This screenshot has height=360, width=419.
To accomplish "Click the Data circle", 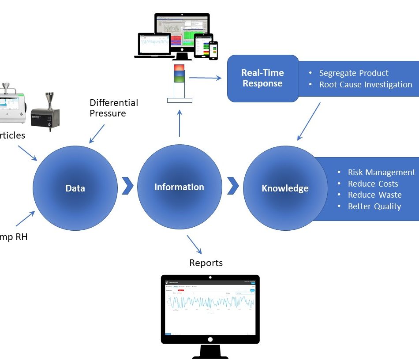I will point(75,188).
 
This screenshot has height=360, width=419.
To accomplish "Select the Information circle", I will point(179,187).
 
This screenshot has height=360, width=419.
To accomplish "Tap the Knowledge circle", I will point(285,188).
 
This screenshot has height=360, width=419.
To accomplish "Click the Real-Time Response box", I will point(263,78).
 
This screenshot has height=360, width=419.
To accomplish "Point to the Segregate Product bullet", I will point(354,73).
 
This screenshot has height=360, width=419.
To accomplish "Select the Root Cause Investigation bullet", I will point(366,84).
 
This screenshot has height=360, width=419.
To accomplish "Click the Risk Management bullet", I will point(381,172).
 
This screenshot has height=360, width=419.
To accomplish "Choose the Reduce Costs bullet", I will point(373,184).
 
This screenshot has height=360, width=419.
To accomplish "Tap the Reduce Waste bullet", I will point(374,195).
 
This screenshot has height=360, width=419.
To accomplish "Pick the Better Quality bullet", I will point(374,206).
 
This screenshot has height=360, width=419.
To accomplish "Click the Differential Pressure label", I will point(114,108).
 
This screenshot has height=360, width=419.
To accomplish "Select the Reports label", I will point(206,263).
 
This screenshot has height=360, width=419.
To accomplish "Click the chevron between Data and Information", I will point(127,186).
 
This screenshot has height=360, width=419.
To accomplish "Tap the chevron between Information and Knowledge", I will point(233,186).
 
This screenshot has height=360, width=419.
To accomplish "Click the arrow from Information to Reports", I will point(195,244).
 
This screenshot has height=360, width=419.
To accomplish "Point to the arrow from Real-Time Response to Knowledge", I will point(309,121).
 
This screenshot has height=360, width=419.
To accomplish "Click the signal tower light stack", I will point(179,74).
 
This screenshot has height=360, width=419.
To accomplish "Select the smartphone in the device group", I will point(213,50).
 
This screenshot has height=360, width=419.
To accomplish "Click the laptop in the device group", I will point(152,45).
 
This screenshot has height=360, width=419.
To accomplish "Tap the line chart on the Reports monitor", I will point(210,304).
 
